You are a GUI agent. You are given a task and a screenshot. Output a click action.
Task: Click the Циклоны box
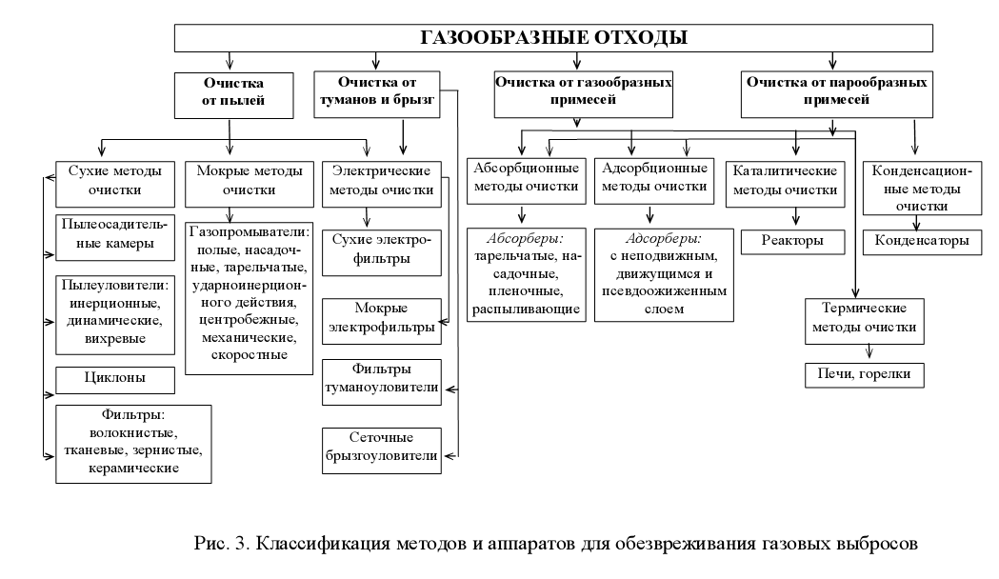coord(116,380)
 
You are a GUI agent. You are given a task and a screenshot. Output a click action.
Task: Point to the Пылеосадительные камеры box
coord(116,235)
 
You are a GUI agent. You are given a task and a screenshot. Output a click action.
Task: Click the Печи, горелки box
coord(865,374)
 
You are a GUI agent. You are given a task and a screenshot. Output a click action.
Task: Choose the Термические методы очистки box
coord(864,318)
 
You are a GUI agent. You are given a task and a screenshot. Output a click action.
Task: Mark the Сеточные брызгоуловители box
coord(380,448)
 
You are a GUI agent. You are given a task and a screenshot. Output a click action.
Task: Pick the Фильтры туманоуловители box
coord(380,378)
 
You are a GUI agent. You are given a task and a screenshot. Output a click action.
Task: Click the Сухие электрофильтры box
coord(380,250)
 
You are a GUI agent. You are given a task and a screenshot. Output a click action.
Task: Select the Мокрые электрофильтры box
coord(380,318)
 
